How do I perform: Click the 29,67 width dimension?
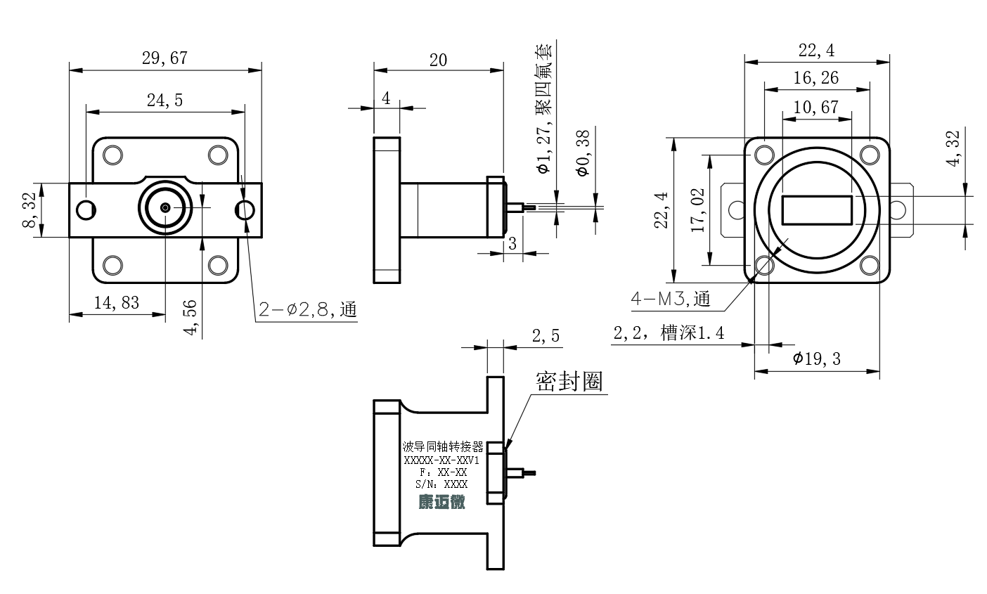[x=164, y=58]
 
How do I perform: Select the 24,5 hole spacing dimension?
[x=164, y=101]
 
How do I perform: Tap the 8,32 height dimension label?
[x=29, y=209]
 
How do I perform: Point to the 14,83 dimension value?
[x=117, y=303]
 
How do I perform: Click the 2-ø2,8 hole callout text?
[x=307, y=309]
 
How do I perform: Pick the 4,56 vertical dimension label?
[x=190, y=317]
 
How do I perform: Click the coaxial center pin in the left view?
[x=164, y=207]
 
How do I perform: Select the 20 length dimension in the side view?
[x=439, y=60]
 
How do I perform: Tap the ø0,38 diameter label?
[x=583, y=153]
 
